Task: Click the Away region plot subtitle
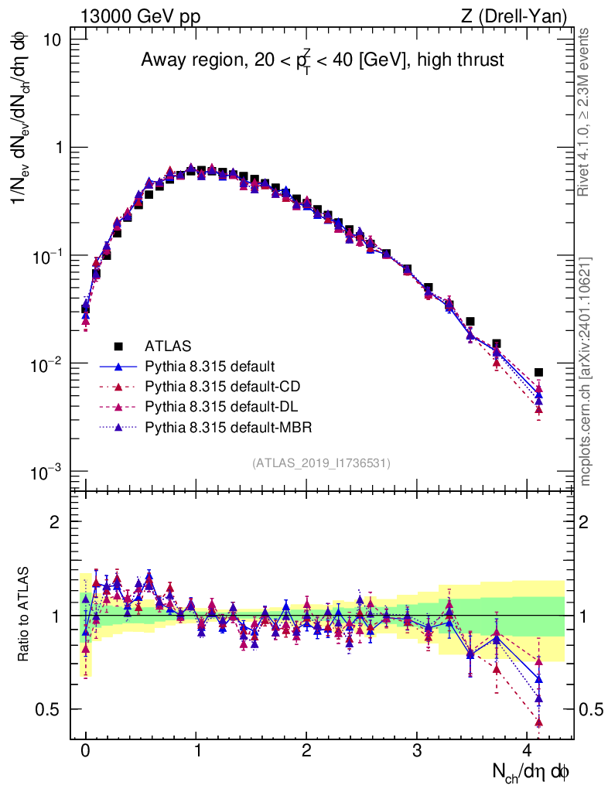click(x=322, y=60)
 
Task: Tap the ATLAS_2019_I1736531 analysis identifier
click(x=321, y=463)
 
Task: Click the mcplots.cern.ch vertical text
click(x=585, y=371)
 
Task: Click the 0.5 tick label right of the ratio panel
click(x=592, y=709)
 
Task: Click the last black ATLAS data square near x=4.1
click(x=538, y=372)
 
